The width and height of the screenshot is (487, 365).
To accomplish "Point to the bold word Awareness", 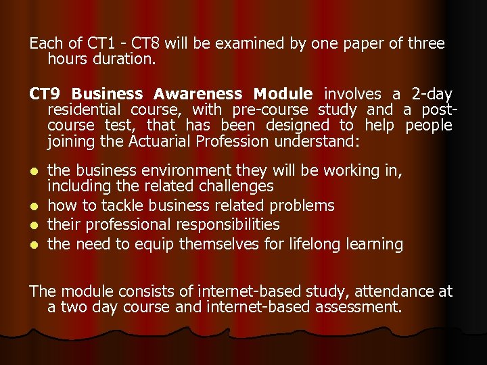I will (198, 94).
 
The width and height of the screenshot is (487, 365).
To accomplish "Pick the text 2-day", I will (433, 94).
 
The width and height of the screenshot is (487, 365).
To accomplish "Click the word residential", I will (85, 109).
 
